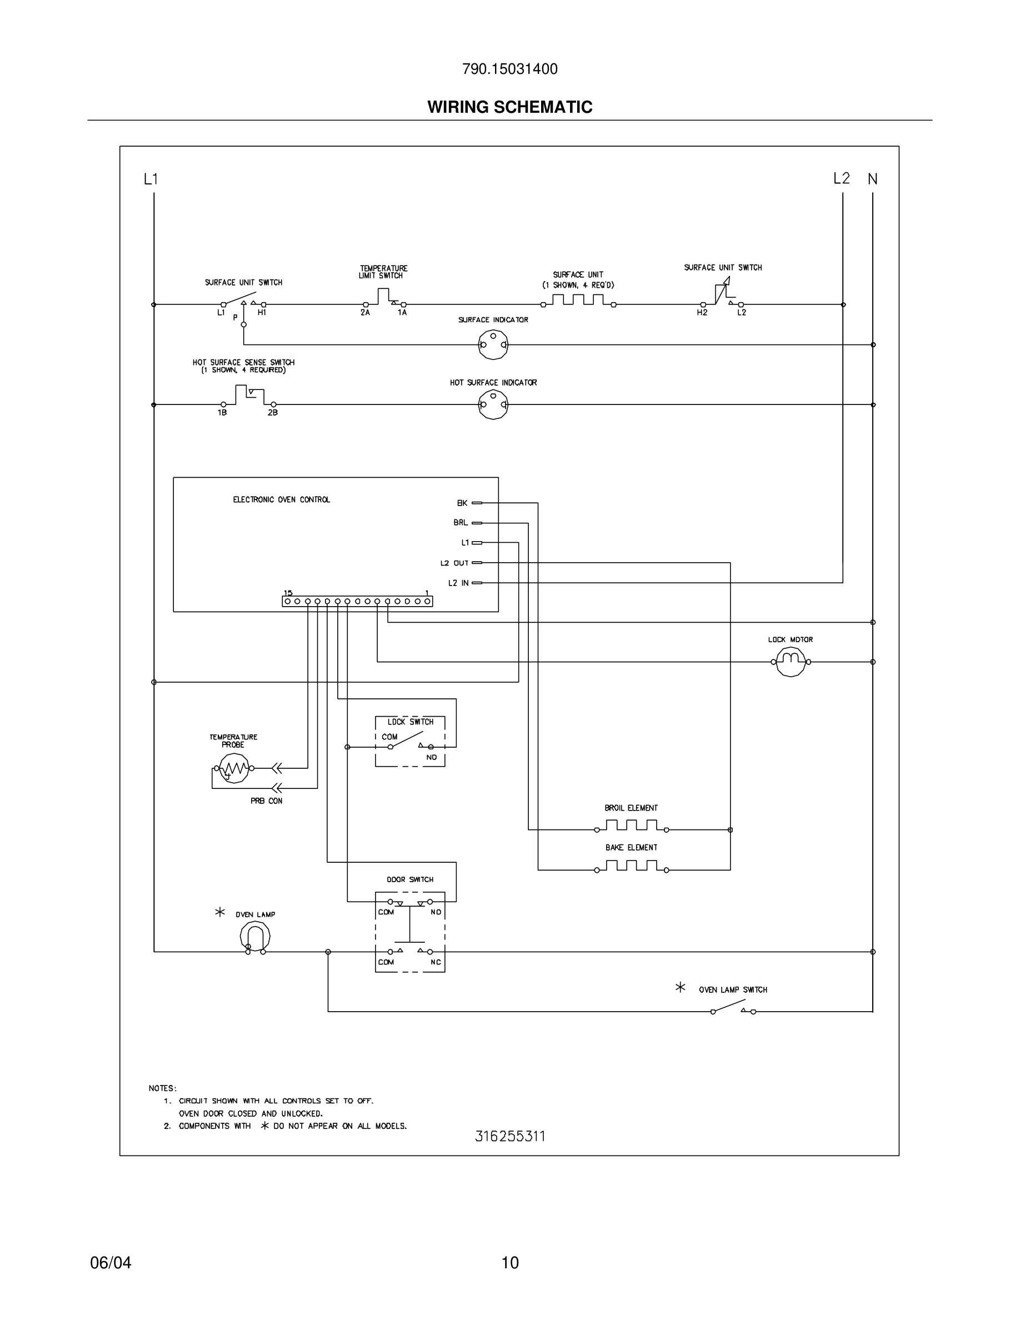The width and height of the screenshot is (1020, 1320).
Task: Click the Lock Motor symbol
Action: (x=791, y=661)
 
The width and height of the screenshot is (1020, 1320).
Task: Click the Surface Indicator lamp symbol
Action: (x=493, y=345)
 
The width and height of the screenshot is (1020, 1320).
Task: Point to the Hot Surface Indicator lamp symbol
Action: (x=493, y=405)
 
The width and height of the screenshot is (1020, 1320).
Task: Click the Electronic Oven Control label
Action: (x=282, y=500)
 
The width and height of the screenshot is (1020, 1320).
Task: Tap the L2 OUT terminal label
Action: (x=454, y=563)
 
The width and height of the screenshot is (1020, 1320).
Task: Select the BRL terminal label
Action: (x=461, y=523)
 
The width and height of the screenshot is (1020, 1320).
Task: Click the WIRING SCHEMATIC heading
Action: (x=509, y=107)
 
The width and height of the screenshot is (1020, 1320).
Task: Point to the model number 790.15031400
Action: (x=509, y=69)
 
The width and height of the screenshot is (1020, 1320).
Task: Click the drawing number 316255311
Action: (x=509, y=1137)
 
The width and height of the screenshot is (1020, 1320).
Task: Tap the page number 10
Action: (x=510, y=1263)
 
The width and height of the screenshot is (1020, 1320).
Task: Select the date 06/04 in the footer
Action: (x=111, y=1263)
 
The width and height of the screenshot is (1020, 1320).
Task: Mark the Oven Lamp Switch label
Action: (x=733, y=990)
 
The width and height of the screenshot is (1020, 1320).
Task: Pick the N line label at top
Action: (x=873, y=179)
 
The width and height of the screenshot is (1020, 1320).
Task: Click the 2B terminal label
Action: (x=273, y=413)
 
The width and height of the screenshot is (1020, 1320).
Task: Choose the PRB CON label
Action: (x=267, y=801)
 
